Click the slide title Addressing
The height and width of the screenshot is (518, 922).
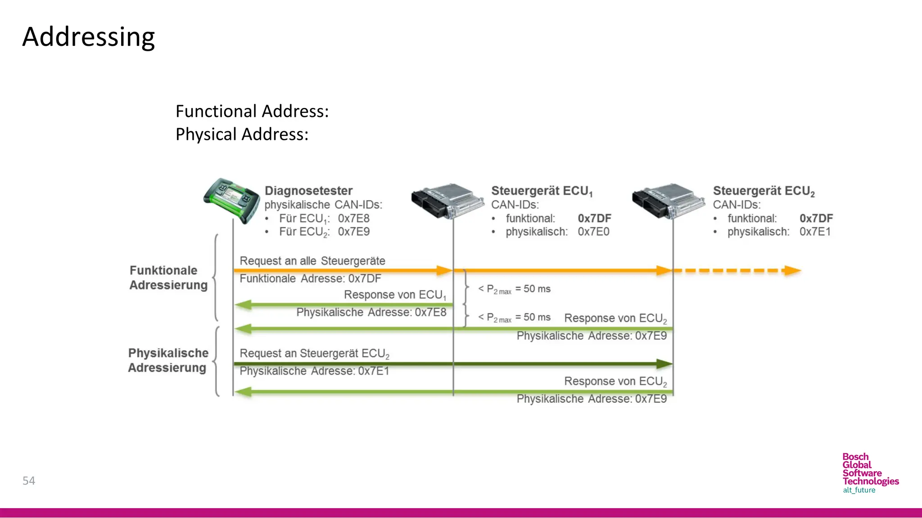[89, 37]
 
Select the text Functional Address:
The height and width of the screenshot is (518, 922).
[252, 111]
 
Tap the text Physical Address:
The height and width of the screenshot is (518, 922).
[242, 134]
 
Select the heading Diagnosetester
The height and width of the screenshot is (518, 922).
[308, 191]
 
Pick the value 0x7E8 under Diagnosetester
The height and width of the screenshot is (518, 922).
[353, 219]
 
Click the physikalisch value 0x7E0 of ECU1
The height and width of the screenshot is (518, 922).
[593, 232]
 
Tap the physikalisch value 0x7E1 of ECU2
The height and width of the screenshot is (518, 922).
[815, 232]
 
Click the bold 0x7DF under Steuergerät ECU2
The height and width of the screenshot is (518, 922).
[816, 219]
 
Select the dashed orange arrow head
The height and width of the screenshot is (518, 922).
[792, 271]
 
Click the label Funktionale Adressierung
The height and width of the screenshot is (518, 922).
[168, 277]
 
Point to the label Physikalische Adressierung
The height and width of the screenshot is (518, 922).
[168, 360]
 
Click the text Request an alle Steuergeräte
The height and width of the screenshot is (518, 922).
[312, 261]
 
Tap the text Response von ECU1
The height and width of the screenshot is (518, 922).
[395, 295]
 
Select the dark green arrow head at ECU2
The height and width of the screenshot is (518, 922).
[664, 364]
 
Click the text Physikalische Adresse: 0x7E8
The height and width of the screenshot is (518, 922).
[371, 312]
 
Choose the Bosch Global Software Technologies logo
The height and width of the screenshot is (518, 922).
[870, 473]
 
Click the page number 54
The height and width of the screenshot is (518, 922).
[29, 481]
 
